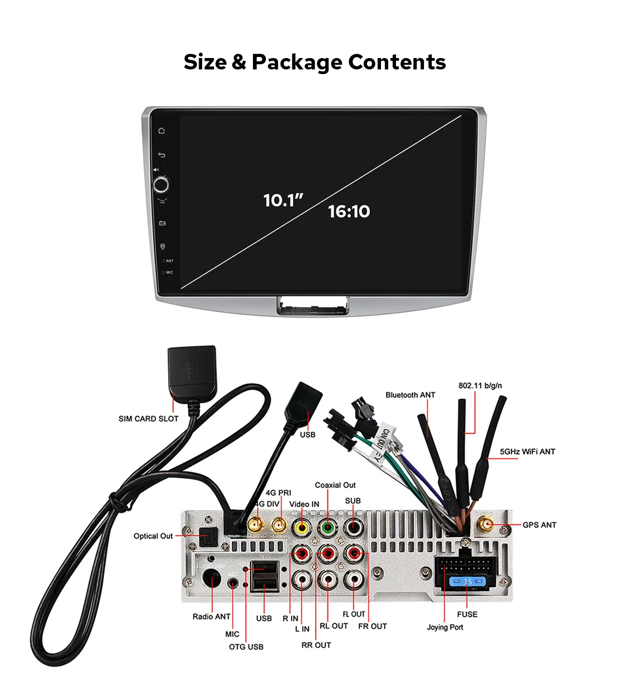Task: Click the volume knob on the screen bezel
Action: [161, 185]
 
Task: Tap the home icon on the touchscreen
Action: [162, 131]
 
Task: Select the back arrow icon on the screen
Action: [162, 155]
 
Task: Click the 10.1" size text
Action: [283, 201]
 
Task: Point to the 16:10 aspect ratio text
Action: [349, 211]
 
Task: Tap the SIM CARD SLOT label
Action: [148, 419]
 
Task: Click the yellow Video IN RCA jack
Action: [301, 528]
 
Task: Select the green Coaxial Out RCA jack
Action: [328, 528]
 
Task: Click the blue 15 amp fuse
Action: [468, 582]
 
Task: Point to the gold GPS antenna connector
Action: [486, 525]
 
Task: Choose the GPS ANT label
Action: [539, 525]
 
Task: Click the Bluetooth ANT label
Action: [410, 395]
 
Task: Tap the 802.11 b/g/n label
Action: [480, 385]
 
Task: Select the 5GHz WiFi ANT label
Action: [527, 452]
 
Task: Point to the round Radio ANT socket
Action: [212, 579]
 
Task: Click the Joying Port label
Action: [445, 627]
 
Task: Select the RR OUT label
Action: [316, 645]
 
